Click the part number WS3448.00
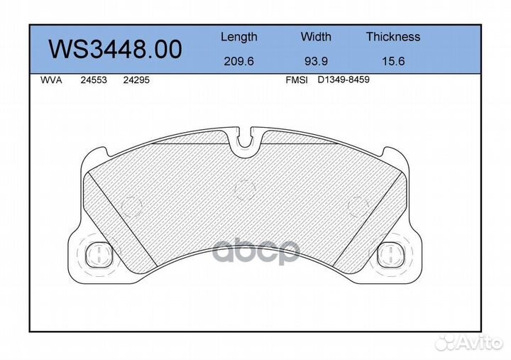[115, 49]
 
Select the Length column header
[239, 37]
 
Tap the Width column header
[316, 36]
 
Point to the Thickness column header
[393, 36]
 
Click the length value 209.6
[238, 61]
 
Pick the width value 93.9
[316, 61]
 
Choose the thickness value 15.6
[393, 61]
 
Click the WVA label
[51, 80]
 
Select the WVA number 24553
[94, 80]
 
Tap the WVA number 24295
[136, 80]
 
